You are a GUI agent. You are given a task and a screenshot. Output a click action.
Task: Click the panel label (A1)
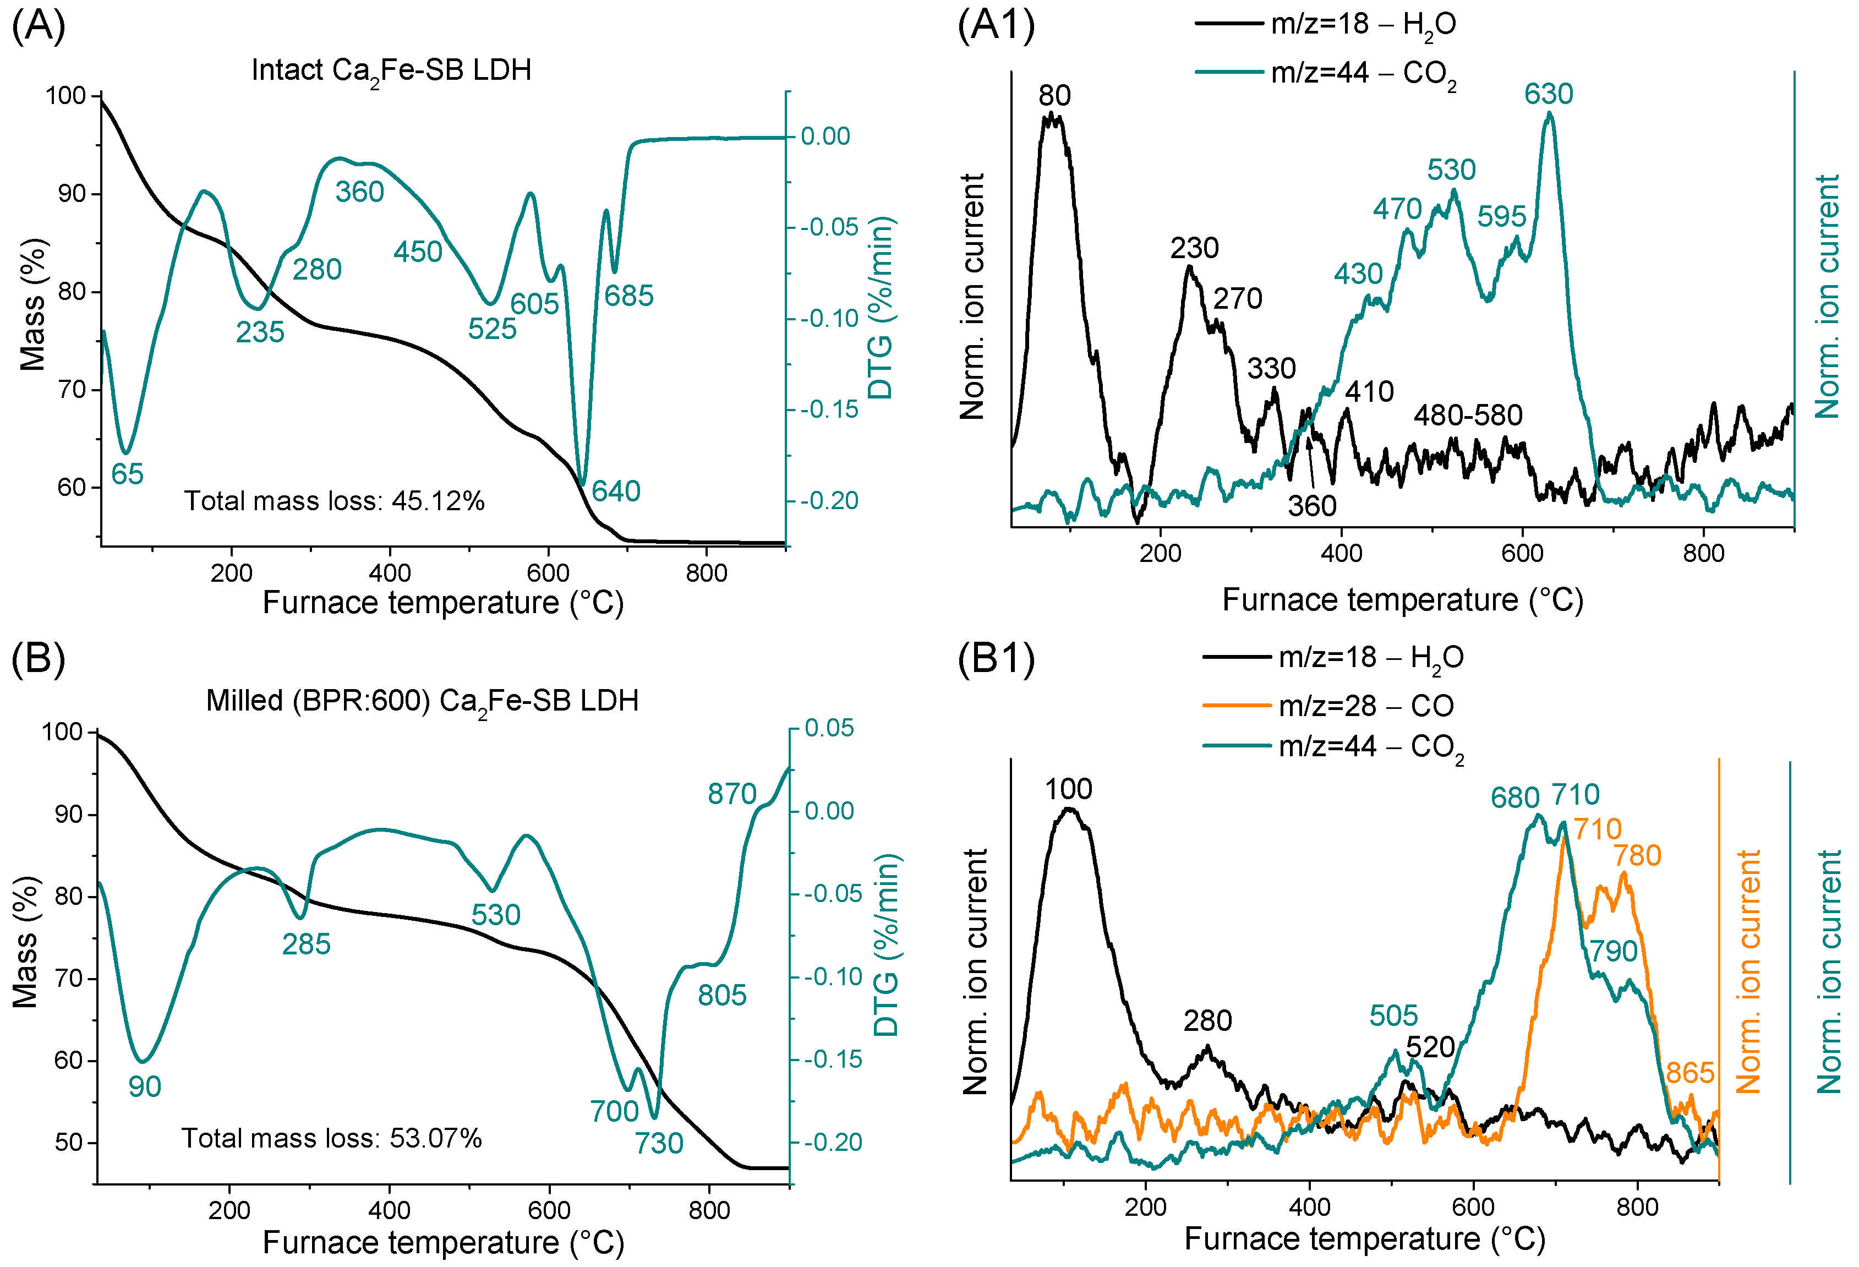tap(996, 26)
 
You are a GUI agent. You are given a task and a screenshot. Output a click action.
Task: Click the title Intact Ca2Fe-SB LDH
tap(391, 70)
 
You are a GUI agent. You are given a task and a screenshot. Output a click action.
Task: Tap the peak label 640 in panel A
tap(616, 491)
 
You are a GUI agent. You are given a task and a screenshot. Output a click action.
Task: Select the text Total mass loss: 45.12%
tap(335, 501)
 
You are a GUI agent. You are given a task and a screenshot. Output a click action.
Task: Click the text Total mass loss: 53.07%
tap(331, 1138)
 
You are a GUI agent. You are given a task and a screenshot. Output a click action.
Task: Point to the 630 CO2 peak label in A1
tap(1548, 94)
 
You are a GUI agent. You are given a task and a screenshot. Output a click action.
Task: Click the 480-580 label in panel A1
tap(1468, 415)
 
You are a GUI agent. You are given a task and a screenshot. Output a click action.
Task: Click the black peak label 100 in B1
tap(1068, 789)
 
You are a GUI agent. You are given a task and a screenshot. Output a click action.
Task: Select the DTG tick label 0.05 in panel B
tap(829, 728)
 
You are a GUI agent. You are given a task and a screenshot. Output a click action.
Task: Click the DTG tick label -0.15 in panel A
tap(829, 409)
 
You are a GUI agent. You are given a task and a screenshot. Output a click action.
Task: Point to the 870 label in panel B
tap(731, 794)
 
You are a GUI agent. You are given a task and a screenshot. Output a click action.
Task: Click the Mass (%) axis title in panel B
tap(26, 942)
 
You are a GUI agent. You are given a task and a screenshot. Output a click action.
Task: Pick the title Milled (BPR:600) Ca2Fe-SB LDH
tap(422, 702)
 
